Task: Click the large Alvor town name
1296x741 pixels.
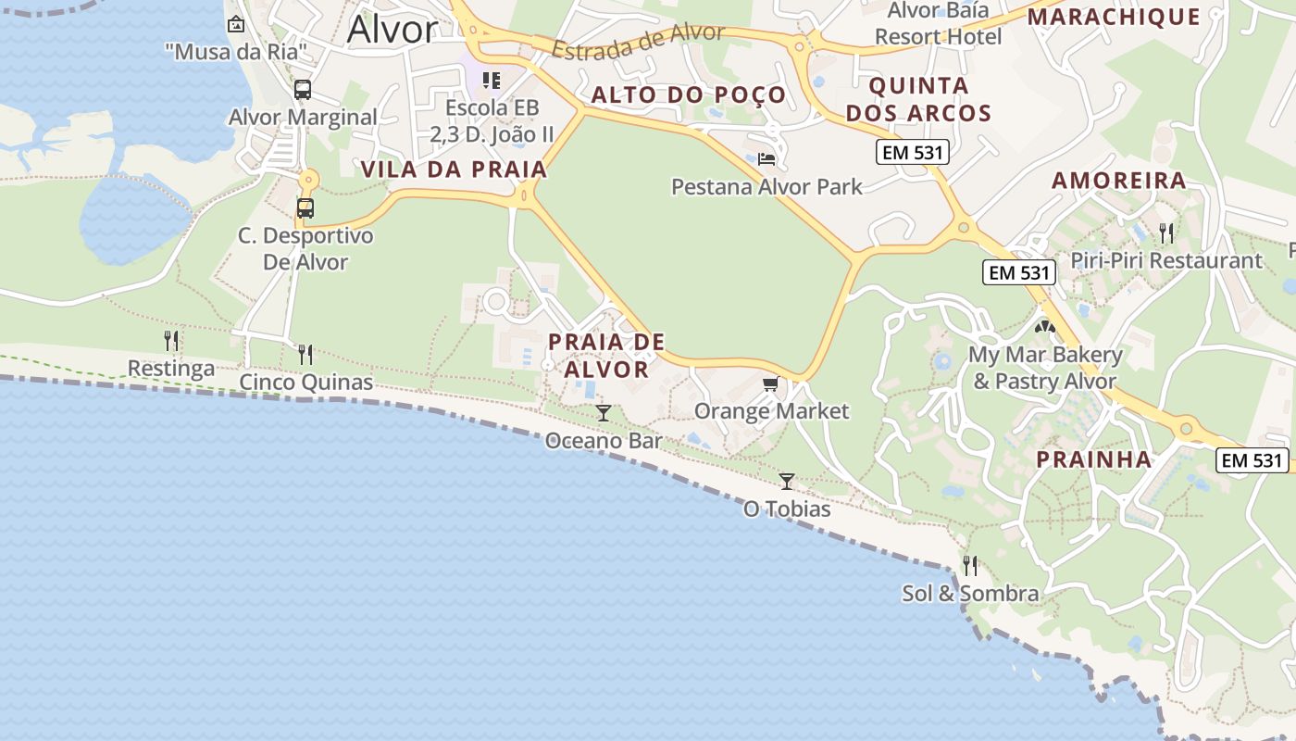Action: [392, 30]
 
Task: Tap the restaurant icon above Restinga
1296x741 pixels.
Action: [171, 341]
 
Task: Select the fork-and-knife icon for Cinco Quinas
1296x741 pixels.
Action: [305, 354]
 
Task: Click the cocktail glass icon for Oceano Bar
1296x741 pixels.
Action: [604, 412]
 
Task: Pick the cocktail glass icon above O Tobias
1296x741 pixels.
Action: [787, 481]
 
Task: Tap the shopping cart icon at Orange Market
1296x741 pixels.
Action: [770, 383]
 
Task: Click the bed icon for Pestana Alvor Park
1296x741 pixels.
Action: [766, 159]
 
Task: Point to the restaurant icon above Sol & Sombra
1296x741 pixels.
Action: [970, 564]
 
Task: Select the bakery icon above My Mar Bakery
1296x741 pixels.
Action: [1045, 326]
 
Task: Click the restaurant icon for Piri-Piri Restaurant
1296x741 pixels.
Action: [1166, 232]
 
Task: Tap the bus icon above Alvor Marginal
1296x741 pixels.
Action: [303, 90]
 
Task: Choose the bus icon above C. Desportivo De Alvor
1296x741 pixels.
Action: [305, 207]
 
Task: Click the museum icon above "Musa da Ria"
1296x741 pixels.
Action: [236, 24]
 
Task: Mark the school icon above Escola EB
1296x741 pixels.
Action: [492, 81]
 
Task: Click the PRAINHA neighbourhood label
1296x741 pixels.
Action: [1093, 459]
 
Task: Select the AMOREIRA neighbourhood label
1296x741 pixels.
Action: [1118, 181]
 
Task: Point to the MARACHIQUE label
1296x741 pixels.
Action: [1114, 17]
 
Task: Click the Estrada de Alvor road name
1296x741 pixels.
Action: [639, 42]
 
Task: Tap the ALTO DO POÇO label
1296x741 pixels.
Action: [688, 94]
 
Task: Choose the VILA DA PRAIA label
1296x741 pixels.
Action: [454, 170]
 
